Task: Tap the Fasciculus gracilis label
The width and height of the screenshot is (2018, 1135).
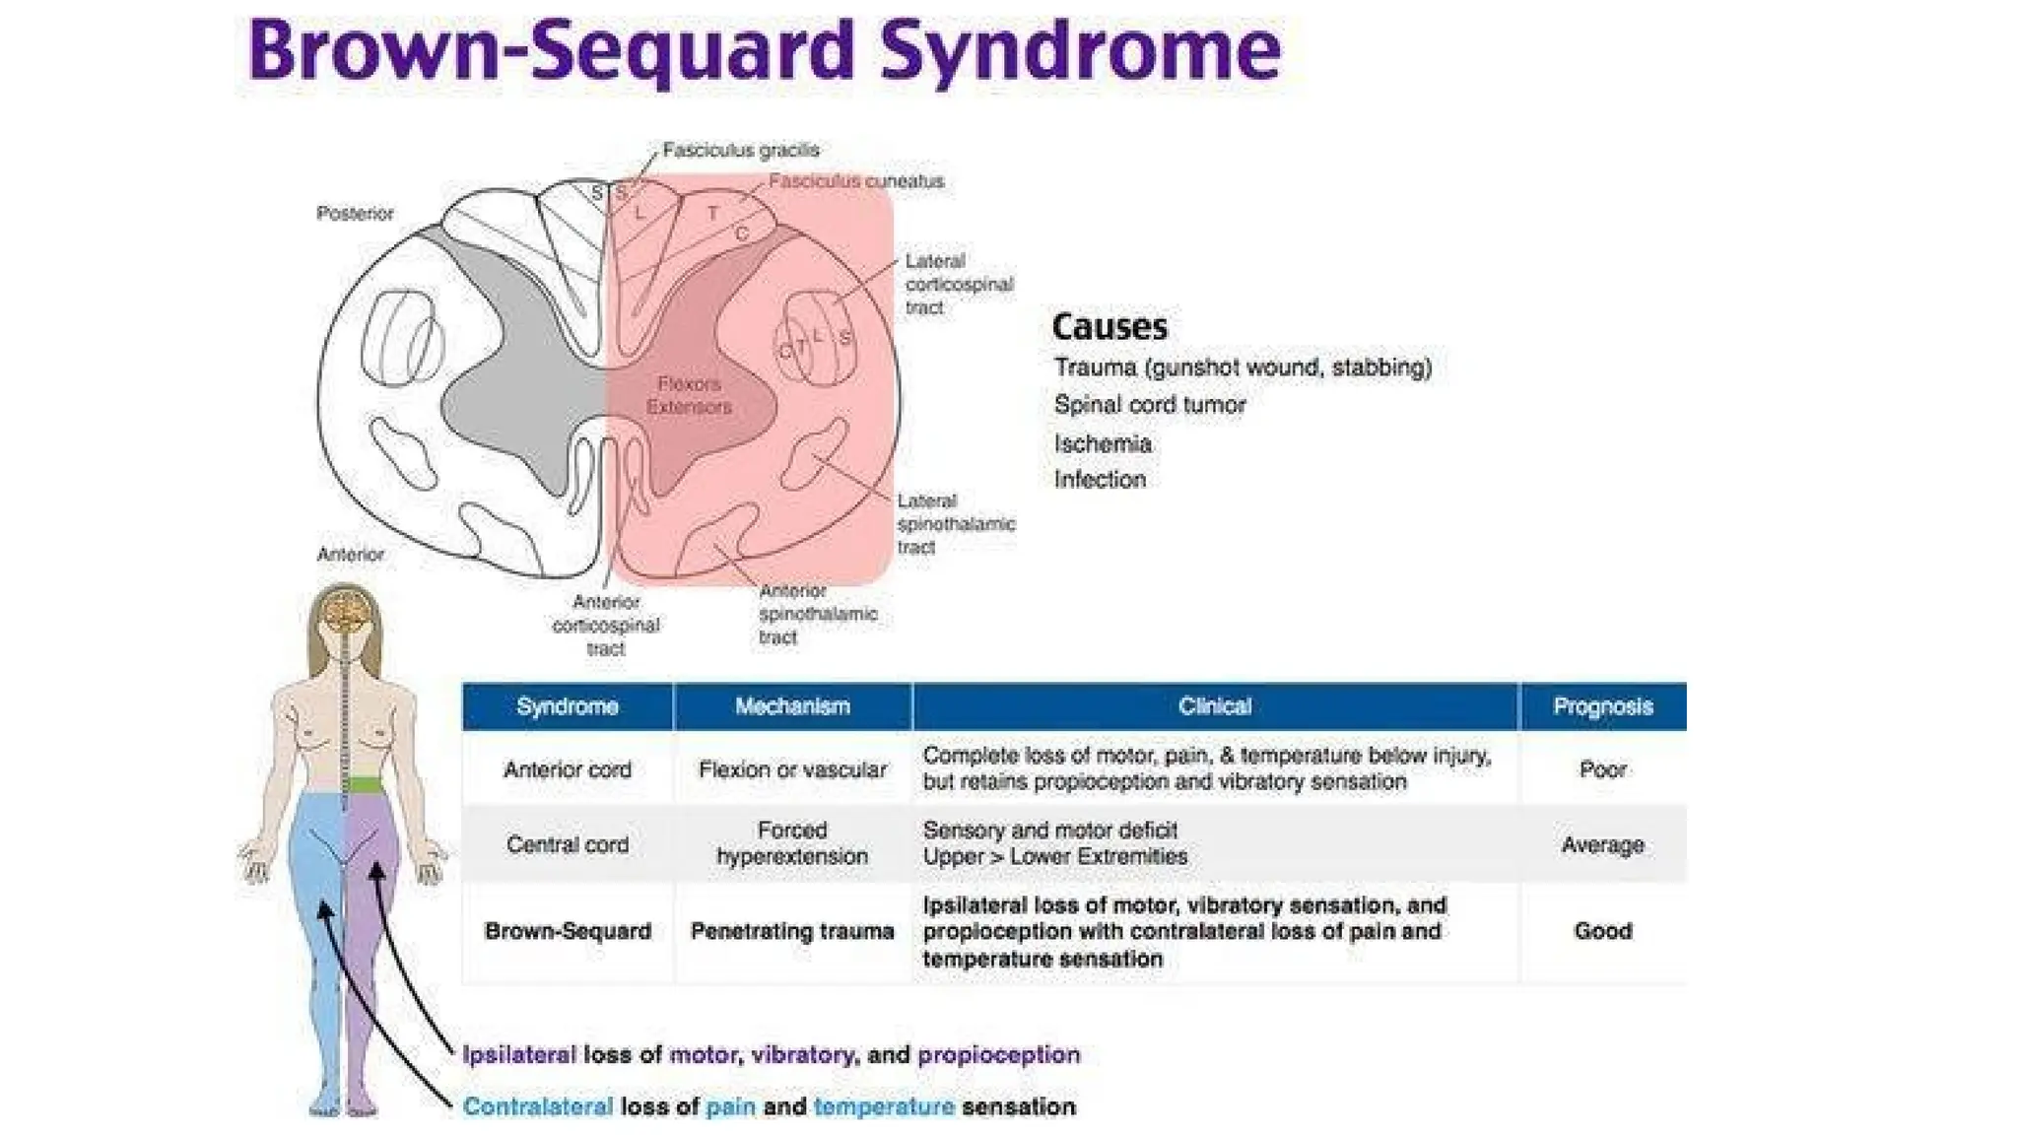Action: [741, 150]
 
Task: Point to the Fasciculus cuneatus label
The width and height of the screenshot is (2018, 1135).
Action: [855, 181]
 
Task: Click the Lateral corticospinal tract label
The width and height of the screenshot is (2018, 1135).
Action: [958, 284]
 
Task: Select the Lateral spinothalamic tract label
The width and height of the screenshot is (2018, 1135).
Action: [955, 524]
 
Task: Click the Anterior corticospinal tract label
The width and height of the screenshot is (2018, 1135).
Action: [605, 625]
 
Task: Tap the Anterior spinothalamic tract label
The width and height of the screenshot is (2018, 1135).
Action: [817, 614]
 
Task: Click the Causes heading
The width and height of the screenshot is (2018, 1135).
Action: [1110, 326]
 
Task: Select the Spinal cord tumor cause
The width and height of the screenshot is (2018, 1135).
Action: [1149, 405]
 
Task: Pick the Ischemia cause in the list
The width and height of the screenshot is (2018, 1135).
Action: [1103, 443]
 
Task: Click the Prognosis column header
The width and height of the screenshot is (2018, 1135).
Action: [1602, 706]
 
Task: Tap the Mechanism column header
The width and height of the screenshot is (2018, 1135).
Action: [792, 706]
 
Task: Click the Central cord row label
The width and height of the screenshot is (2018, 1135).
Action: [567, 844]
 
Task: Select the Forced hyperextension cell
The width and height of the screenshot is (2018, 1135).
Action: [792, 843]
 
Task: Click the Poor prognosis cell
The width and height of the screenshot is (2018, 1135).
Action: [1602, 769]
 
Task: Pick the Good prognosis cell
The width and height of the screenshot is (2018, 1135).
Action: [1602, 931]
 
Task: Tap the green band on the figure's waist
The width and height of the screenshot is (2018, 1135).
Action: [366, 785]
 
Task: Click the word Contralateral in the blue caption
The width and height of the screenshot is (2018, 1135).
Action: [537, 1106]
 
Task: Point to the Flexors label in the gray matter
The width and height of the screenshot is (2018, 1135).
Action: [689, 383]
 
